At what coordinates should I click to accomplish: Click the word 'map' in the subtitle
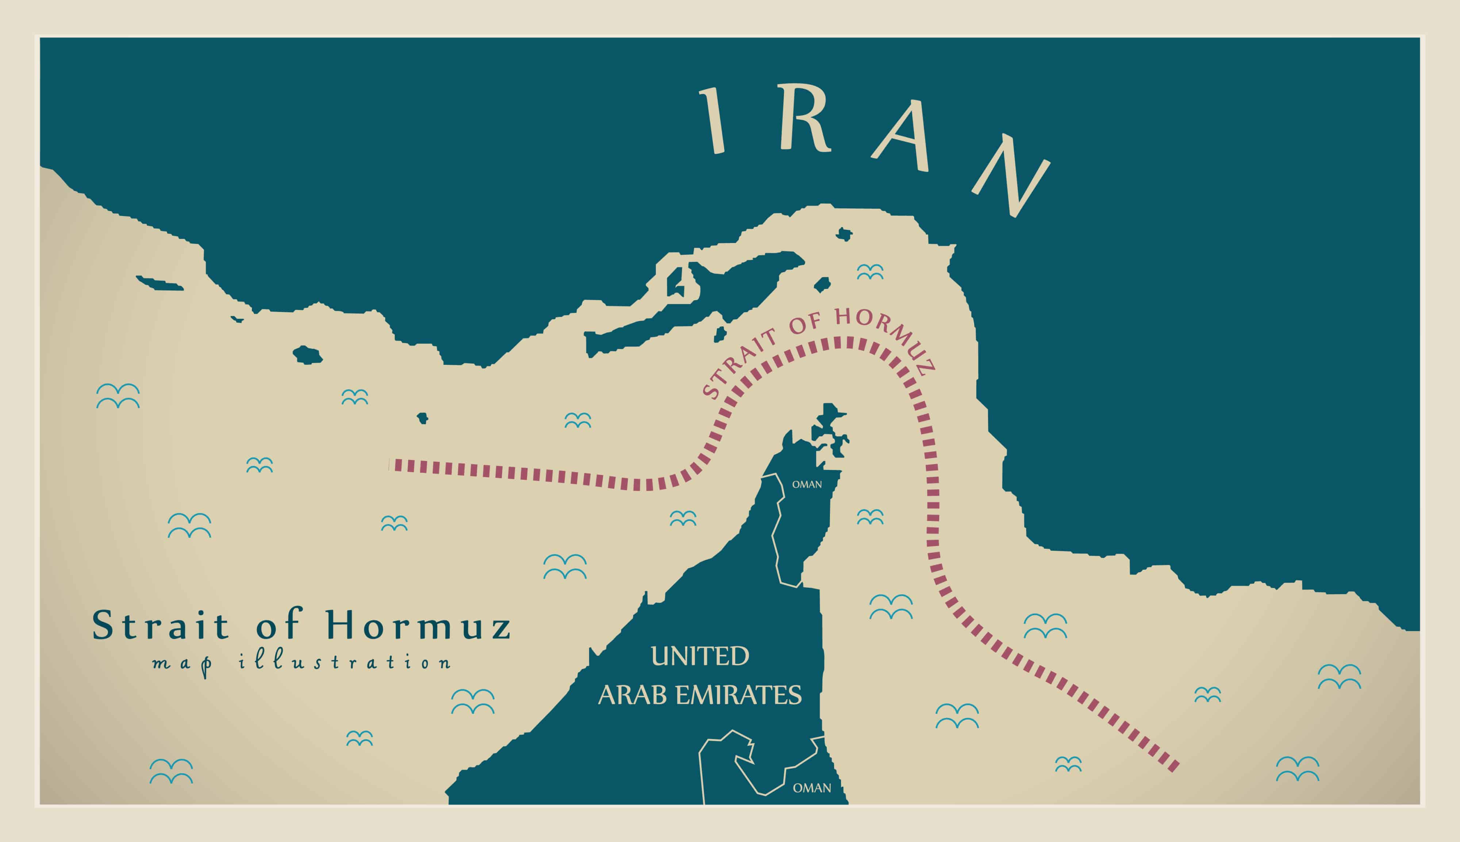pyautogui.click(x=182, y=665)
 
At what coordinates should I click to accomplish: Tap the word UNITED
pyautogui.click(x=700, y=656)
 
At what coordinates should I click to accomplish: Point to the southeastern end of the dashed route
pyautogui.click(x=1174, y=768)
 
